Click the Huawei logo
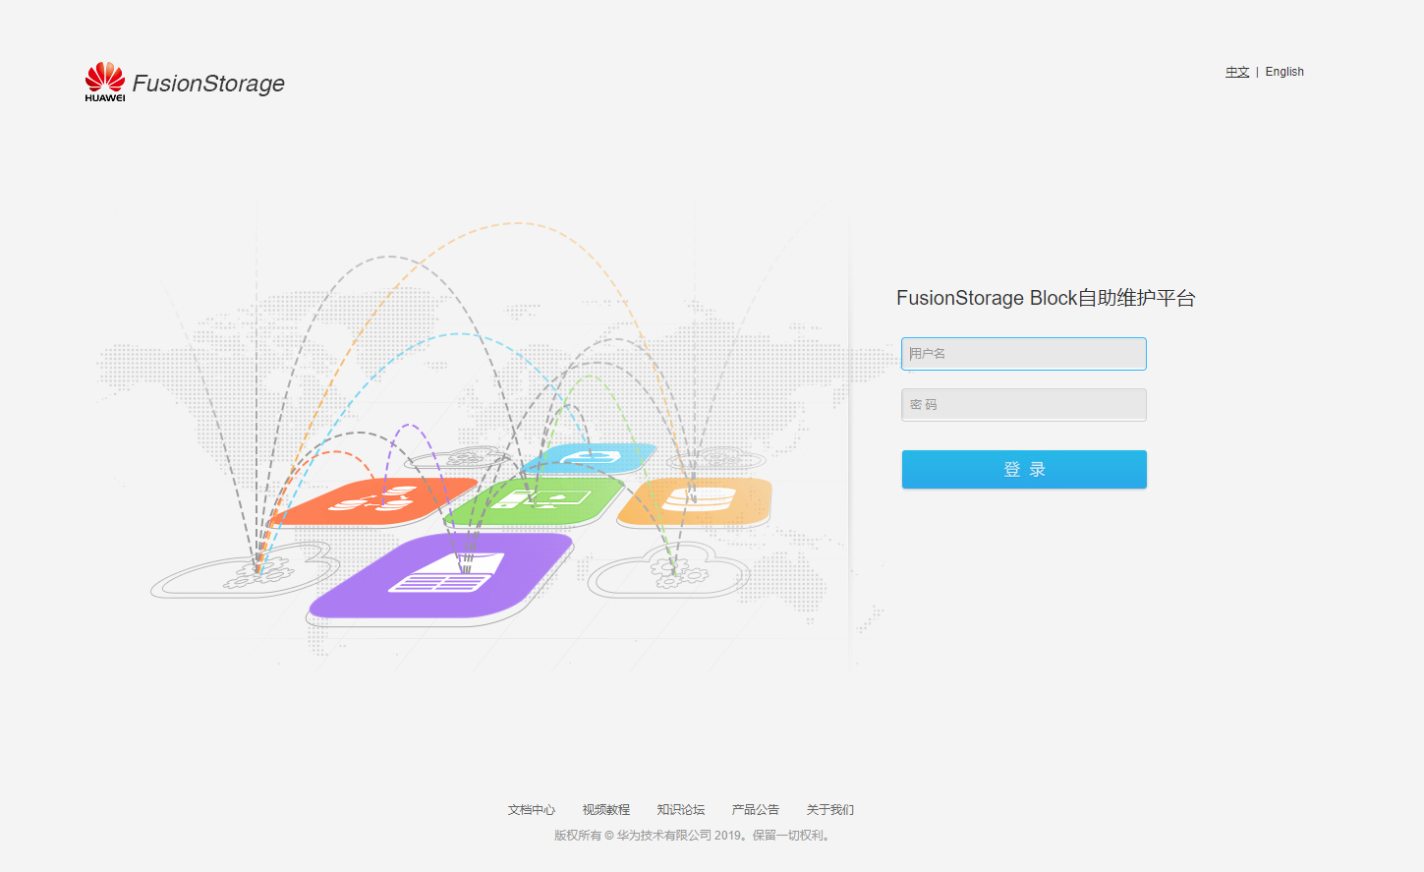(x=105, y=82)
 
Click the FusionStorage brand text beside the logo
(x=208, y=84)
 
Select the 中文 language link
(x=1237, y=72)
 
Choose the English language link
(x=1284, y=72)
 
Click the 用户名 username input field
(x=1023, y=354)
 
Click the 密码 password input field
(x=1023, y=405)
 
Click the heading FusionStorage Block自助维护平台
(x=1046, y=298)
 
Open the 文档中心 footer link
(x=532, y=810)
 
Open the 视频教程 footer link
(x=606, y=810)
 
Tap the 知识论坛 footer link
(x=681, y=810)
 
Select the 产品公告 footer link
(x=756, y=810)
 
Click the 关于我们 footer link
(x=830, y=810)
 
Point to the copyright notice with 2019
(x=694, y=836)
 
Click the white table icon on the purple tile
(x=447, y=574)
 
